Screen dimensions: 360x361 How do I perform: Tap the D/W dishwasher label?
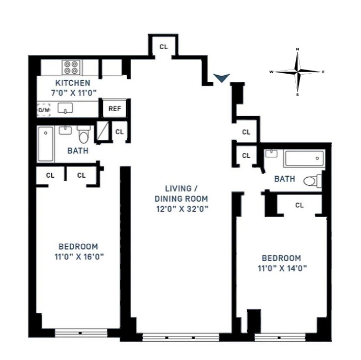pyautogui.click(x=44, y=110)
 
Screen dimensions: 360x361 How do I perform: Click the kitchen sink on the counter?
pyautogui.click(x=65, y=108)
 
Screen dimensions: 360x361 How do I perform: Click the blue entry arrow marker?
pyautogui.click(x=221, y=78)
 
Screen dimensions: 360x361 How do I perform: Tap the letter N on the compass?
pyautogui.click(x=298, y=50)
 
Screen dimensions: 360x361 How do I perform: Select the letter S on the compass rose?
pyautogui.click(x=298, y=94)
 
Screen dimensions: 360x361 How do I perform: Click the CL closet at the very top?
pyautogui.click(x=163, y=47)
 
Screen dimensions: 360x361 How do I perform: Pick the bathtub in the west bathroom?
pyautogui.click(x=46, y=144)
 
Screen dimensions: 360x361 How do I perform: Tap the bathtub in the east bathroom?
pyautogui.click(x=303, y=158)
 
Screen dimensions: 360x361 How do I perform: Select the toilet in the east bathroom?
pyautogui.click(x=311, y=180)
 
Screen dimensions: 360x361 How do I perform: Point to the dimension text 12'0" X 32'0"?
pyautogui.click(x=182, y=208)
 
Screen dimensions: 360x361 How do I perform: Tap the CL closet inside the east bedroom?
pyautogui.click(x=299, y=205)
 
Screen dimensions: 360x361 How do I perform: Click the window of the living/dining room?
pyautogui.click(x=180, y=336)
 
